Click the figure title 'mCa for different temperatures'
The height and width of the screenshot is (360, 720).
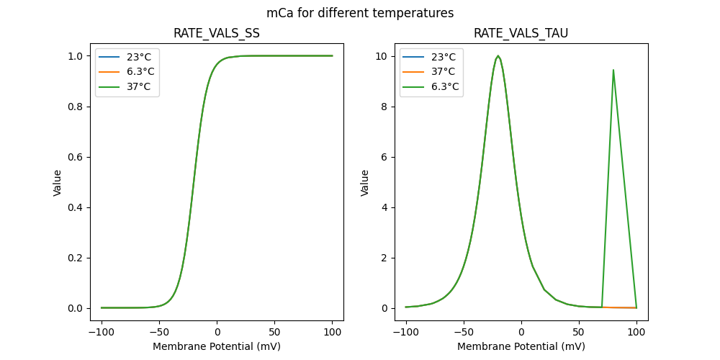[360, 13]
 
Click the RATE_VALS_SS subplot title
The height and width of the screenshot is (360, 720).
[217, 34]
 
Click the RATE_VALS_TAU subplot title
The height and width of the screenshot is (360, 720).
[521, 34]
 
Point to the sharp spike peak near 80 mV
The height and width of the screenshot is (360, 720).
[613, 70]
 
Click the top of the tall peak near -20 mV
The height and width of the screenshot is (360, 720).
[498, 56]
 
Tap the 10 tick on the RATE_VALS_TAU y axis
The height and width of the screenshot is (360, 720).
[386, 56]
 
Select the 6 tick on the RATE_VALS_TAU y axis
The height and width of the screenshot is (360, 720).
[389, 157]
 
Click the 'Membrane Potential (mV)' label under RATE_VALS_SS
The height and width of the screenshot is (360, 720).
[217, 346]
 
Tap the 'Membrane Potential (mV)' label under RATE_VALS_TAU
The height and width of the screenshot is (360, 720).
[521, 346]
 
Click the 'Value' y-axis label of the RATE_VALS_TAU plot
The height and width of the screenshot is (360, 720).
[365, 182]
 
